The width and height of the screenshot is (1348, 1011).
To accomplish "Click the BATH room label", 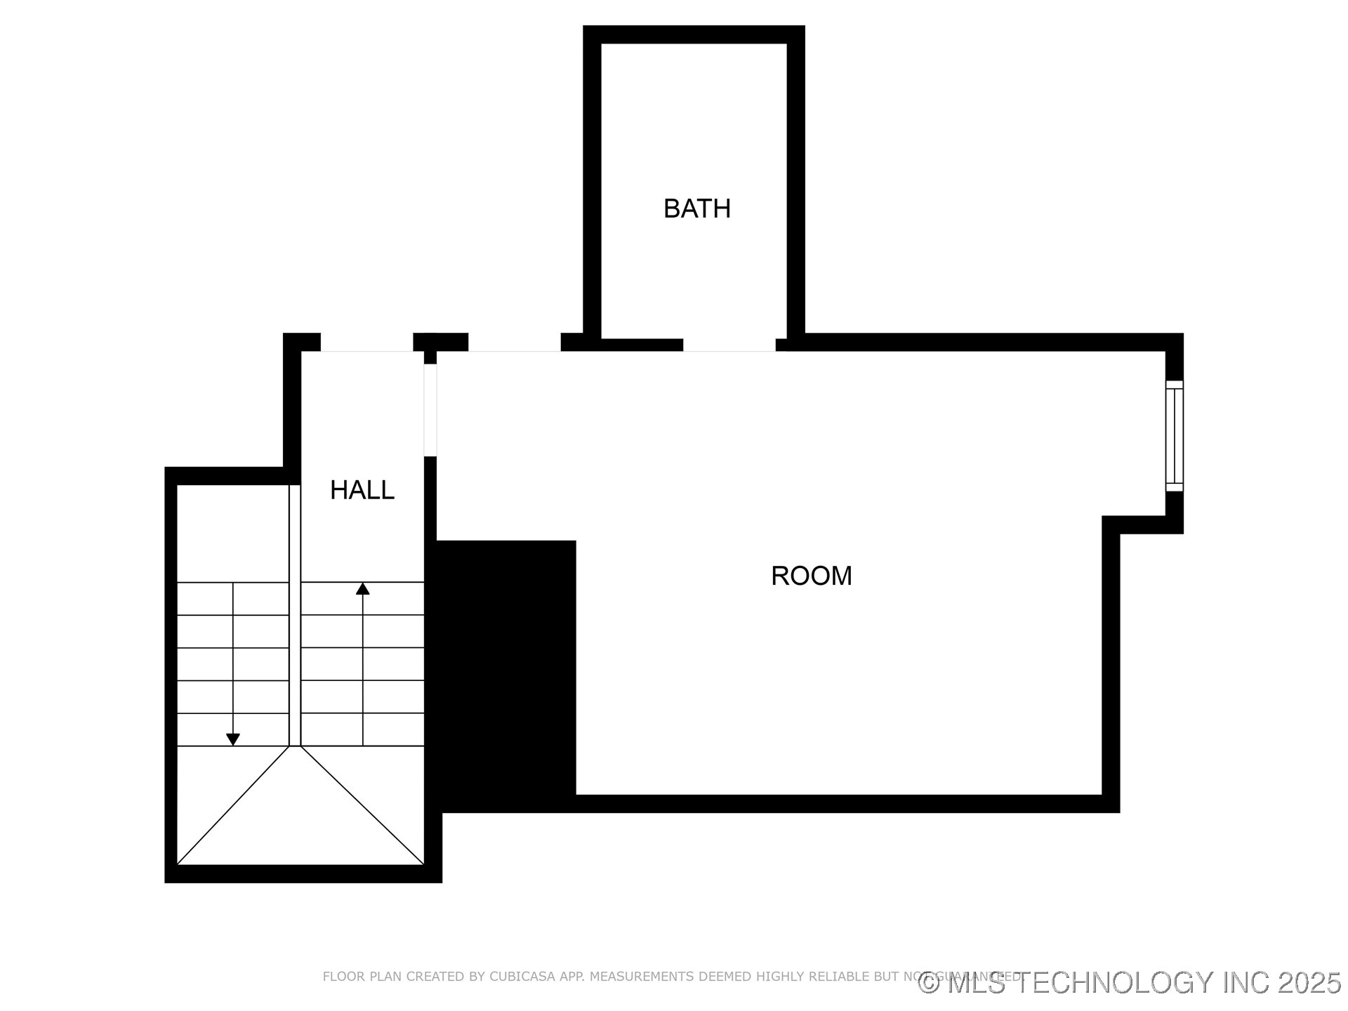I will (x=696, y=209).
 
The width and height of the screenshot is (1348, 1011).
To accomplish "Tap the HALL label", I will (x=362, y=490).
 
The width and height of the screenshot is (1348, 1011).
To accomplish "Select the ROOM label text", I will (x=811, y=576).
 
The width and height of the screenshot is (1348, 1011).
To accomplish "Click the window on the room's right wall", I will (x=1174, y=436).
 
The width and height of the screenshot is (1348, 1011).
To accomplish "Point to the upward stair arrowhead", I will (x=362, y=589).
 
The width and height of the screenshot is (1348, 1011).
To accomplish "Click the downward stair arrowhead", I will (x=233, y=739).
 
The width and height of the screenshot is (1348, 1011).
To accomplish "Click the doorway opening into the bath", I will (x=729, y=345).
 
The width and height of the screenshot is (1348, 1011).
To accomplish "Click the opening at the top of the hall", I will (x=366, y=343).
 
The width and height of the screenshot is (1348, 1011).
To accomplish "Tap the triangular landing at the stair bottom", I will (x=300, y=821).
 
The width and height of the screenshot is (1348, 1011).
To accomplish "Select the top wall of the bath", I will (x=694, y=34).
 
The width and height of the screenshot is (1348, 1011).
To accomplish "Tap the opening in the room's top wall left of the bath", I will (x=514, y=343).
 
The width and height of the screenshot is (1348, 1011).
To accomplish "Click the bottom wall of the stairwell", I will (x=303, y=873).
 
